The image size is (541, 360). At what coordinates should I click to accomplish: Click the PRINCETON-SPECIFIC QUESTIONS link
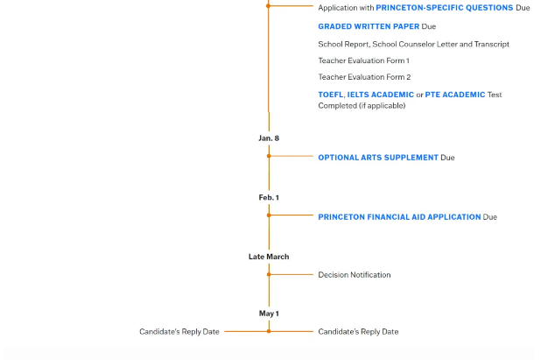click(445, 8)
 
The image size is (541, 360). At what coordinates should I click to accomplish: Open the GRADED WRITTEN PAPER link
click(369, 26)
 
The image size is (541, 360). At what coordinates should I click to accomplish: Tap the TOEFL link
click(331, 95)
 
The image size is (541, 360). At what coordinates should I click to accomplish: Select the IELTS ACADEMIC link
click(380, 95)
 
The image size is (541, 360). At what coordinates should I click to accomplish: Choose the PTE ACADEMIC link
click(454, 95)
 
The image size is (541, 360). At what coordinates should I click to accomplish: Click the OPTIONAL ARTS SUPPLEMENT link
click(378, 158)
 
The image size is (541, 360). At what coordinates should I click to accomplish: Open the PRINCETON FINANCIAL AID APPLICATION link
click(399, 217)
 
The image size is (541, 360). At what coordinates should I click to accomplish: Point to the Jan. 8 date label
click(269, 138)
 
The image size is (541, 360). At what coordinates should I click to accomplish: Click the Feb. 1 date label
click(269, 198)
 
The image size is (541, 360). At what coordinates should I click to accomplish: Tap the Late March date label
click(269, 257)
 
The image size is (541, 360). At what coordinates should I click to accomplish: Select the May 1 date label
click(269, 314)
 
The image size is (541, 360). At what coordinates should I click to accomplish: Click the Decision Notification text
click(355, 275)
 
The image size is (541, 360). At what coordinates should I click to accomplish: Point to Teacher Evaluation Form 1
click(363, 60)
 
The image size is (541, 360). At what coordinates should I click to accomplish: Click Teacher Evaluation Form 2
click(364, 77)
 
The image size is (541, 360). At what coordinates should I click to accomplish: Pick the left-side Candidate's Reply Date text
click(179, 332)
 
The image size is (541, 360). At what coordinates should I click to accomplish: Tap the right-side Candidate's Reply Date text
click(358, 332)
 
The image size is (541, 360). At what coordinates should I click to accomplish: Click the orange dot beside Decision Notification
click(269, 275)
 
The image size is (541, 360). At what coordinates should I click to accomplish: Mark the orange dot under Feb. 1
click(269, 215)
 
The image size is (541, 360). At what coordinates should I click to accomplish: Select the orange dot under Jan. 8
click(269, 156)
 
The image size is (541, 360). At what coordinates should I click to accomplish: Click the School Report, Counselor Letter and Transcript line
click(414, 44)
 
